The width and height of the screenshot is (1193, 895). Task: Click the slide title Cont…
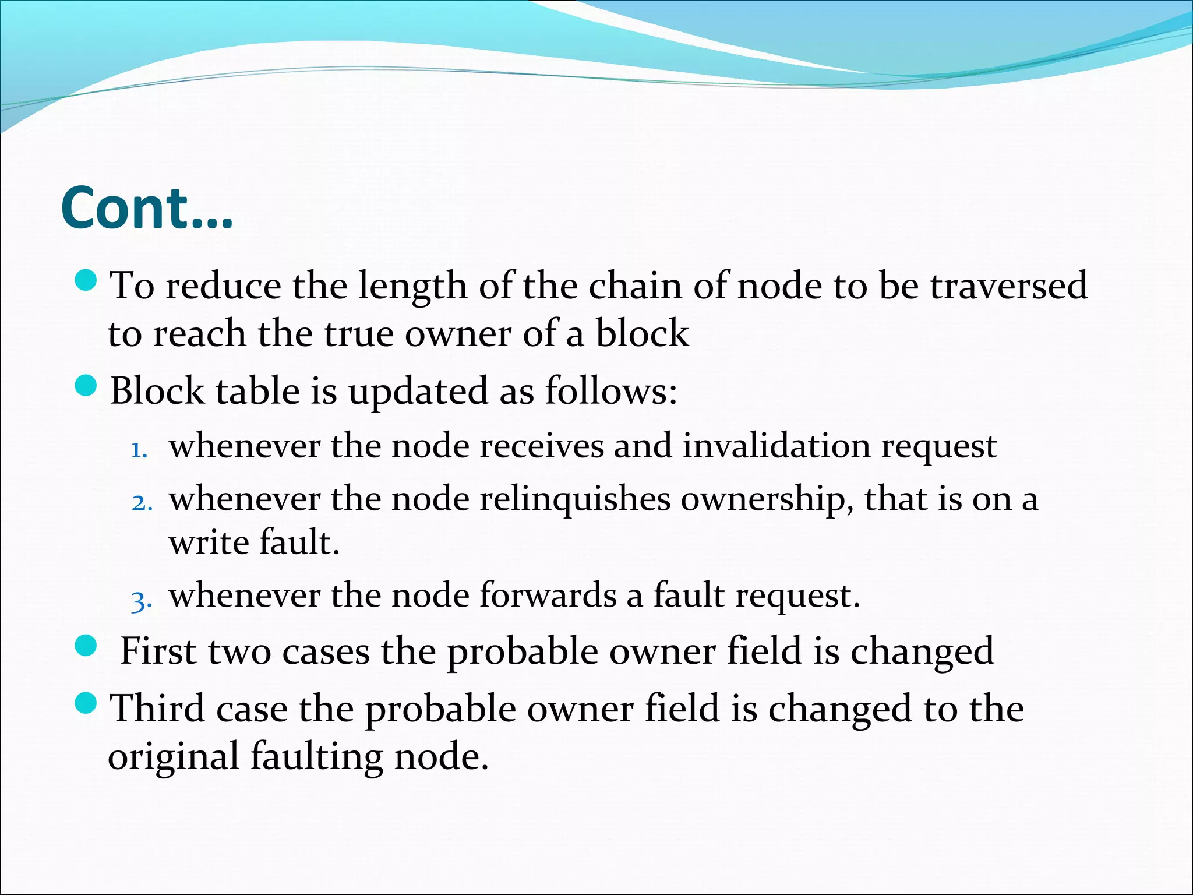point(147,209)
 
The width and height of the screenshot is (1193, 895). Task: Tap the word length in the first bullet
point(412,287)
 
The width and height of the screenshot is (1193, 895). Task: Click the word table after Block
point(257,390)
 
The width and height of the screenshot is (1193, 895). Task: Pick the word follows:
point(611,390)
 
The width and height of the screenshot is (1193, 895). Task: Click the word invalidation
point(776,446)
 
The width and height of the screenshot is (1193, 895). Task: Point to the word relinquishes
point(575,499)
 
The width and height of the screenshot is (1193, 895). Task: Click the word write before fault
point(209,542)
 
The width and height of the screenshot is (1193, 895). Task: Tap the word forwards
point(548,596)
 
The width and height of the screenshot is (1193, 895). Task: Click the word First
point(157,651)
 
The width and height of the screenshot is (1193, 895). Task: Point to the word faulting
point(317,757)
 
